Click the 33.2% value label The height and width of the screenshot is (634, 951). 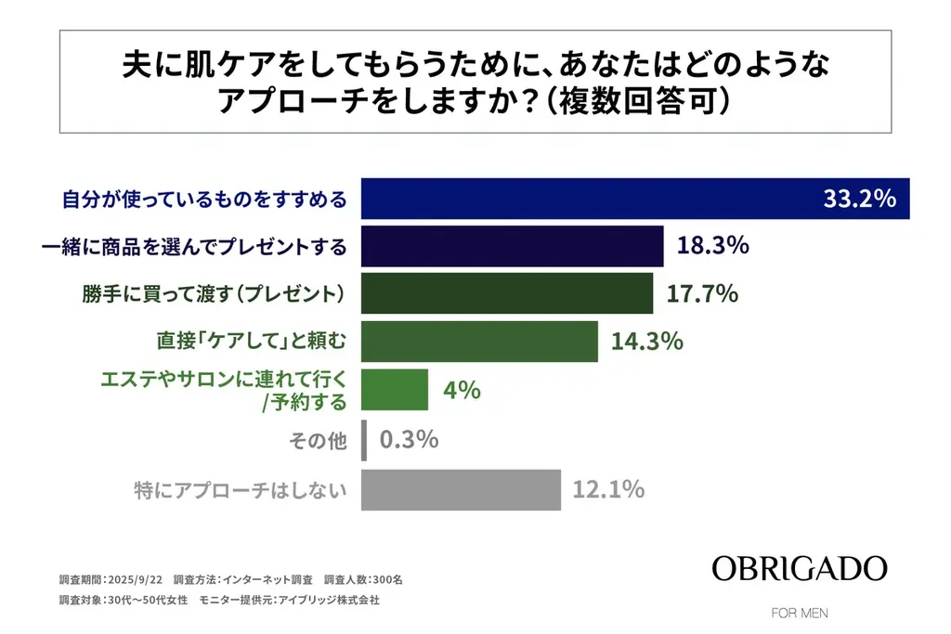tap(859, 199)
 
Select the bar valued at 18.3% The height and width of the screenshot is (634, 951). tap(512, 246)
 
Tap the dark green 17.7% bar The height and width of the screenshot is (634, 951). tap(506, 294)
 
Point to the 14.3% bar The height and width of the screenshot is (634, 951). tap(478, 342)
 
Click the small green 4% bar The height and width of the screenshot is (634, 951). tap(394, 390)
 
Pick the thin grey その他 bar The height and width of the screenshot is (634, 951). tap(364, 439)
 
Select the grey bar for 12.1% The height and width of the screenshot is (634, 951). tap(461, 489)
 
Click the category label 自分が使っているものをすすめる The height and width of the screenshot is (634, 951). tap(203, 199)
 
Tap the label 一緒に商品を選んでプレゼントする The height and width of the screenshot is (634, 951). tap(195, 247)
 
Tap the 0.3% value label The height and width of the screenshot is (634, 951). tap(409, 439)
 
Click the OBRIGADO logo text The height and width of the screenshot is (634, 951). tap(799, 569)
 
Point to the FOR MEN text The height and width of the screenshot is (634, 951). tap(800, 613)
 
